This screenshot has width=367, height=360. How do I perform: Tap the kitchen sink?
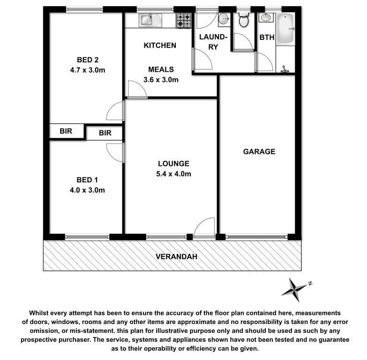pos(150,20)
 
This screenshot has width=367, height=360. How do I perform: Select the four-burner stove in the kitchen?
pos(184,20)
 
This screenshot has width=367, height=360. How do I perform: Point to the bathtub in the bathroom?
pos(285,29)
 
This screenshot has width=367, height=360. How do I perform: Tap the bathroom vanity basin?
pos(266,17)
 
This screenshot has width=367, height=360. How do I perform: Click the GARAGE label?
pos(259,152)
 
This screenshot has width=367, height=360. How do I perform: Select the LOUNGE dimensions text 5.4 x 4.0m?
pos(174,174)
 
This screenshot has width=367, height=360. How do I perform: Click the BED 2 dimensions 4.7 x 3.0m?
pos(88,70)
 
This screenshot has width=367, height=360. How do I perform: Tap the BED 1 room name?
pos(87,180)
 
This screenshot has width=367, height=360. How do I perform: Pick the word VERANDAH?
pos(177,257)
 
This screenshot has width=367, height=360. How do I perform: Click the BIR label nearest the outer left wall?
pos(66,131)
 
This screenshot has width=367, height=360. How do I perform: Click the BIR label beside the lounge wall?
pos(105,133)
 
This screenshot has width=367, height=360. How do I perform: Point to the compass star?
pos(294,290)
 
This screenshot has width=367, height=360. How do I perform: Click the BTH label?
pos(267,37)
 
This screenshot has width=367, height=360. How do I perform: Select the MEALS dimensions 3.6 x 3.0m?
pos(161,80)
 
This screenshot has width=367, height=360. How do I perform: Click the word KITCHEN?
pos(160,45)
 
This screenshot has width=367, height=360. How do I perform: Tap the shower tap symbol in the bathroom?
pos(285,69)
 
